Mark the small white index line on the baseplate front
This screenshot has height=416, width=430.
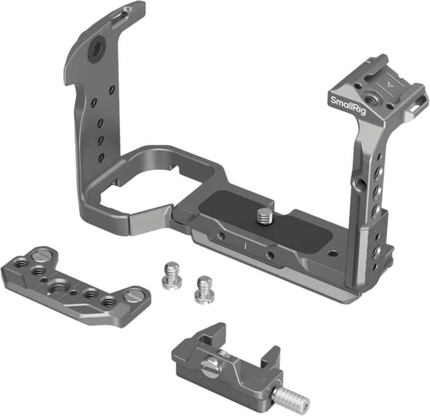[x=245, y=245]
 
